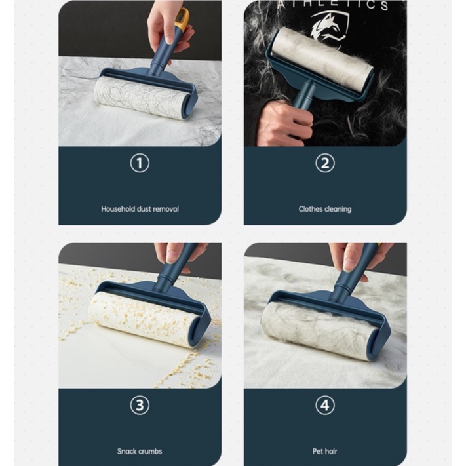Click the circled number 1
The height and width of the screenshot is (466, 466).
(x=140, y=163)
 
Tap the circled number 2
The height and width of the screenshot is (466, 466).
(x=325, y=163)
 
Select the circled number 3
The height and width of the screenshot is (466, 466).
(x=140, y=405)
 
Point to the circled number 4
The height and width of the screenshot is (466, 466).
(x=325, y=405)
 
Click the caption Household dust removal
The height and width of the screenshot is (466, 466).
(x=140, y=209)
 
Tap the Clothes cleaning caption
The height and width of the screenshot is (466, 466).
(x=325, y=209)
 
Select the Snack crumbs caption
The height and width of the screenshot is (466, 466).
(x=140, y=451)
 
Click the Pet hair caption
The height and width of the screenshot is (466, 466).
(x=325, y=451)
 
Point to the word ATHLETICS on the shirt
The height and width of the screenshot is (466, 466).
(x=332, y=5)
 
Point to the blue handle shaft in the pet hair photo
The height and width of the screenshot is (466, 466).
(x=351, y=273)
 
